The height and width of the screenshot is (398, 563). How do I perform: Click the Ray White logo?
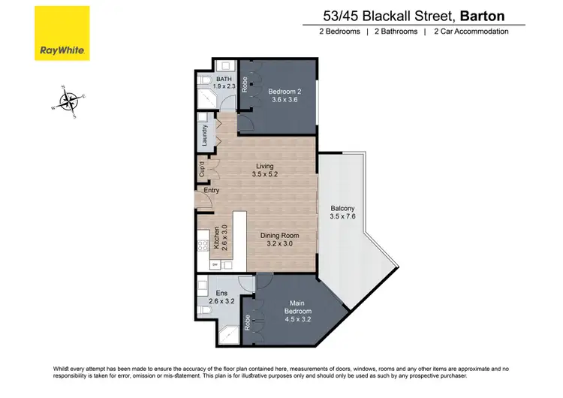(62, 33)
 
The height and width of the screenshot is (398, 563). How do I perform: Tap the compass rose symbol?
(69, 101)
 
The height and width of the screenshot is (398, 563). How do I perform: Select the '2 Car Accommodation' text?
(471, 32)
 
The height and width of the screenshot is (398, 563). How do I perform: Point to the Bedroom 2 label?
(284, 92)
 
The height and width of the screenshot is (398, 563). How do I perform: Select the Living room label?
(264, 166)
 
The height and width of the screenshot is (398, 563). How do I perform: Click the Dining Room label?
(279, 236)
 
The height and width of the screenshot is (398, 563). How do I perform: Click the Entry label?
(212, 190)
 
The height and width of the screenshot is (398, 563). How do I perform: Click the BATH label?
(224, 79)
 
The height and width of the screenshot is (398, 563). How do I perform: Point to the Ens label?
(221, 293)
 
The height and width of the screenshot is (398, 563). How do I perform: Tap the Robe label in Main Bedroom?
(247, 325)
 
